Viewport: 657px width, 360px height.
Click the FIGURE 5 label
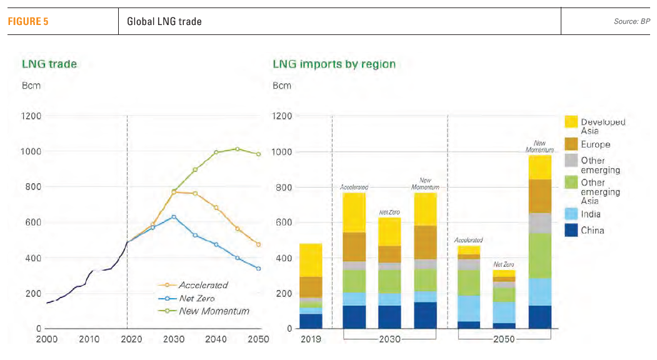[x=28, y=22]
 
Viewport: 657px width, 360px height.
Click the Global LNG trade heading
[x=164, y=22]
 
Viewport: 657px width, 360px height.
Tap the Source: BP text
[x=631, y=22]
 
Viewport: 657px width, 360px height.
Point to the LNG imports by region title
[x=334, y=64]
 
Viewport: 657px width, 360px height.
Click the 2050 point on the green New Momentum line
[x=258, y=154]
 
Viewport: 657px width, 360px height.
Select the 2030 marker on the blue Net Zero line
[x=174, y=217]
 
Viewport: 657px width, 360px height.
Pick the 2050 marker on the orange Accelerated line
[x=258, y=244]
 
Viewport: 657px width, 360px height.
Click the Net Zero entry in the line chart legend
[x=198, y=298]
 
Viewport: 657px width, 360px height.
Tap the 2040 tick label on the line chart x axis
[x=216, y=339]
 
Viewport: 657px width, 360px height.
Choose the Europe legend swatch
[x=570, y=144]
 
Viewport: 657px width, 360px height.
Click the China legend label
[x=593, y=231]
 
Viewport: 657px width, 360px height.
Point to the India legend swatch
[x=570, y=214]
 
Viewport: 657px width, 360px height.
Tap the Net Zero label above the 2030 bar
[x=389, y=212]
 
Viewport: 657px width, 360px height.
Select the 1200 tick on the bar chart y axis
[x=283, y=116]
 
